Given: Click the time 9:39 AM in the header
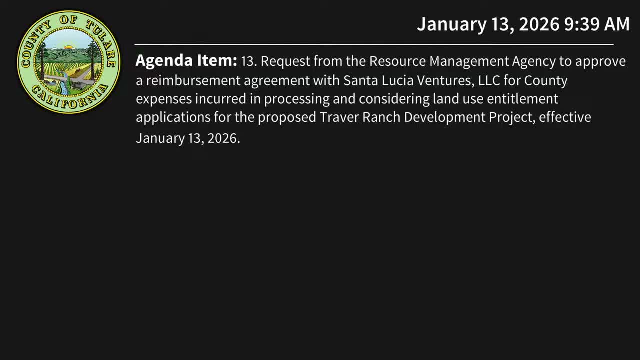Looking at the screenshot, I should (597, 24).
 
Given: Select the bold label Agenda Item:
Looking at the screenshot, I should (186, 61).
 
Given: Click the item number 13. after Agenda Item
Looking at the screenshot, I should (249, 61).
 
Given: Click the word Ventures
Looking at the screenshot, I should (442, 80).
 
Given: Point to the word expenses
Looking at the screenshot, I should (164, 99).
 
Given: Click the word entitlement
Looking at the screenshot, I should (522, 99).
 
